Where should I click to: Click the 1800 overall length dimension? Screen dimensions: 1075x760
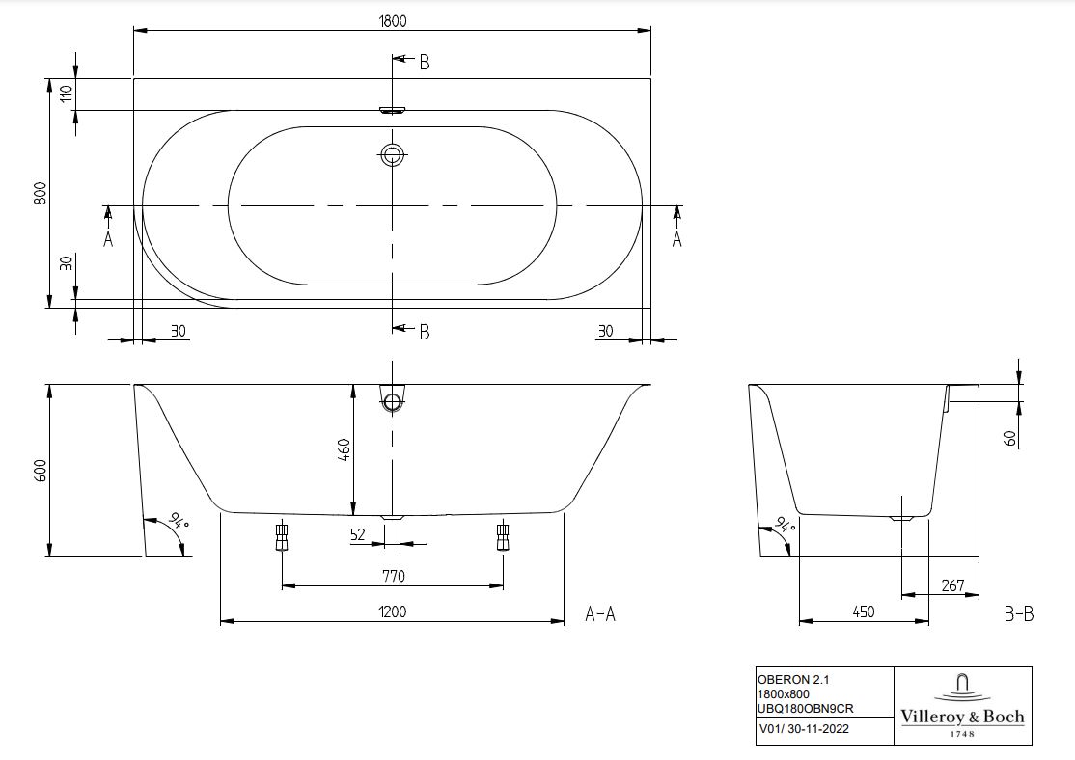(x=392, y=21)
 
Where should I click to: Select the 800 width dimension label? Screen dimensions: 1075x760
(x=41, y=193)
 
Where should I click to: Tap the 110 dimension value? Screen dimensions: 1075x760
(x=67, y=94)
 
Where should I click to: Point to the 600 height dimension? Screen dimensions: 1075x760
(x=41, y=471)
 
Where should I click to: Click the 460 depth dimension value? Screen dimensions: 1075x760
(x=345, y=449)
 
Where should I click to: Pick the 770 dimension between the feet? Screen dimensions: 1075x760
(x=393, y=577)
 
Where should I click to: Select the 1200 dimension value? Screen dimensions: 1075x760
(x=392, y=611)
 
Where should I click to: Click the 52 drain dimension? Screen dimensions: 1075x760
(x=358, y=534)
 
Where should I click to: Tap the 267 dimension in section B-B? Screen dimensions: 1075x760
(x=953, y=585)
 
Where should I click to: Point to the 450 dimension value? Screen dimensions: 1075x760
(x=863, y=611)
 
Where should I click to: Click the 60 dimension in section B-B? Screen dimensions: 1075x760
(x=1010, y=438)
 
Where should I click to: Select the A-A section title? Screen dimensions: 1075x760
(x=600, y=614)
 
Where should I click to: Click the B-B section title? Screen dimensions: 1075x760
(x=1019, y=614)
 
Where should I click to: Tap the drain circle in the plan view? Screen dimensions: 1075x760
(x=392, y=155)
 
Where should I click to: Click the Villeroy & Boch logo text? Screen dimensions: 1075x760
(x=962, y=717)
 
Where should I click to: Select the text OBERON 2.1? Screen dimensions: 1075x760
(x=792, y=680)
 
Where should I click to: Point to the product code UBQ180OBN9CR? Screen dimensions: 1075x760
(x=806, y=709)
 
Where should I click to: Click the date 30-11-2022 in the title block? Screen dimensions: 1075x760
(x=817, y=729)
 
